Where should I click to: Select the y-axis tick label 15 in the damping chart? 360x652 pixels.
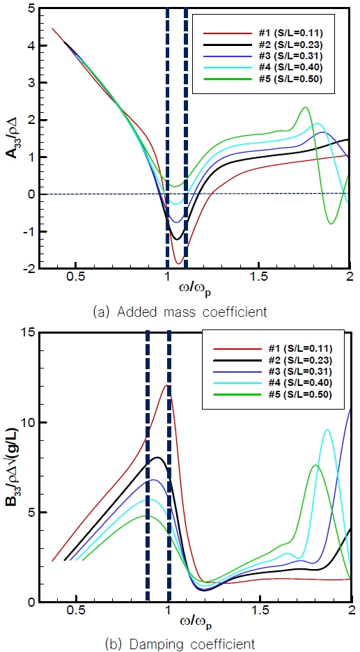click(28, 332)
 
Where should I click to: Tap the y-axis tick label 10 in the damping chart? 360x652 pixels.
click(28, 422)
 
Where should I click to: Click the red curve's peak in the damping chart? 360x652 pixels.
click(166, 385)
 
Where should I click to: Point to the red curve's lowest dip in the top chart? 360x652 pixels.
click(179, 263)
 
